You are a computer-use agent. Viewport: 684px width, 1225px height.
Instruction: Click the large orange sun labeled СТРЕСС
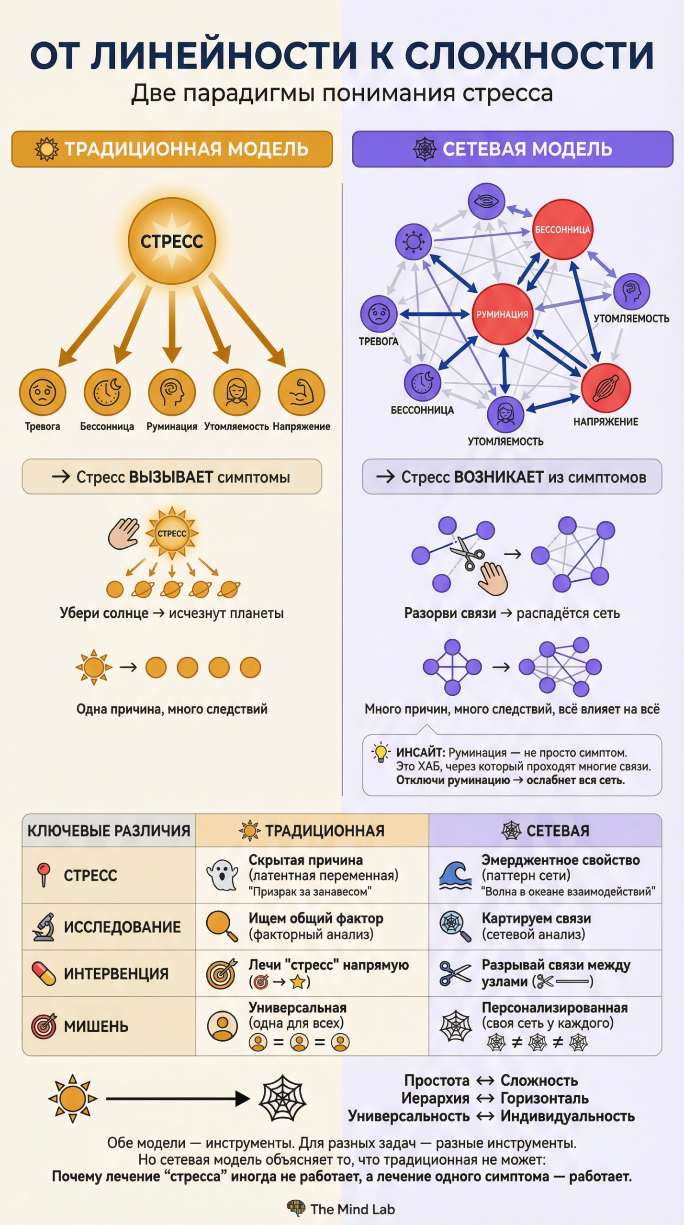click(x=172, y=241)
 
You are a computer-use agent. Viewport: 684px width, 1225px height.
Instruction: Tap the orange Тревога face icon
click(x=43, y=392)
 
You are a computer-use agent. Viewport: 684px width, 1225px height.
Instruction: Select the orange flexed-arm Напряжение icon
click(x=302, y=392)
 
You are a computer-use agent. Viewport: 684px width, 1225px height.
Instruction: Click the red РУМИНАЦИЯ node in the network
click(x=502, y=314)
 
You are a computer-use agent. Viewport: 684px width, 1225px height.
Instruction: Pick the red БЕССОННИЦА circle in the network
click(x=562, y=230)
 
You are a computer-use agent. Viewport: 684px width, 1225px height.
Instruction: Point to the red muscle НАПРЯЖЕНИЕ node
click(x=606, y=388)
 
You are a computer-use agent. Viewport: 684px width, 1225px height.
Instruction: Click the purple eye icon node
click(x=486, y=201)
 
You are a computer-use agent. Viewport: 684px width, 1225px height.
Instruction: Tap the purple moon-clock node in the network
click(x=422, y=382)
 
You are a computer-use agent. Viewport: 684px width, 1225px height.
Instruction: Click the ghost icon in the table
click(x=222, y=875)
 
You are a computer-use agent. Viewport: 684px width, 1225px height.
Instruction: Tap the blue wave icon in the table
click(x=455, y=875)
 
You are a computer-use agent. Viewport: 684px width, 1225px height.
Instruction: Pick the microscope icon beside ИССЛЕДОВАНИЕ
click(x=44, y=927)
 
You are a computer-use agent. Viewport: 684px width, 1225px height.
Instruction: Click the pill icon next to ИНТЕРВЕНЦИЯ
click(x=44, y=974)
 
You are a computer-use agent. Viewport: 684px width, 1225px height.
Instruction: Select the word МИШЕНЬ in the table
click(x=96, y=1026)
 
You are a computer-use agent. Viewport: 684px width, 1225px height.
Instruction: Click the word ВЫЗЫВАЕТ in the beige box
click(x=171, y=477)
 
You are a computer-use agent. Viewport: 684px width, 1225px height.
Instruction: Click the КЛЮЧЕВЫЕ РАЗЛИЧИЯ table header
click(x=109, y=831)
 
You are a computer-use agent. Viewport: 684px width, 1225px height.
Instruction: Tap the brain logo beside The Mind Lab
click(x=296, y=1208)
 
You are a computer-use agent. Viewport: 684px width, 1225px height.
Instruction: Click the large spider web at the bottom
click(x=282, y=1099)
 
